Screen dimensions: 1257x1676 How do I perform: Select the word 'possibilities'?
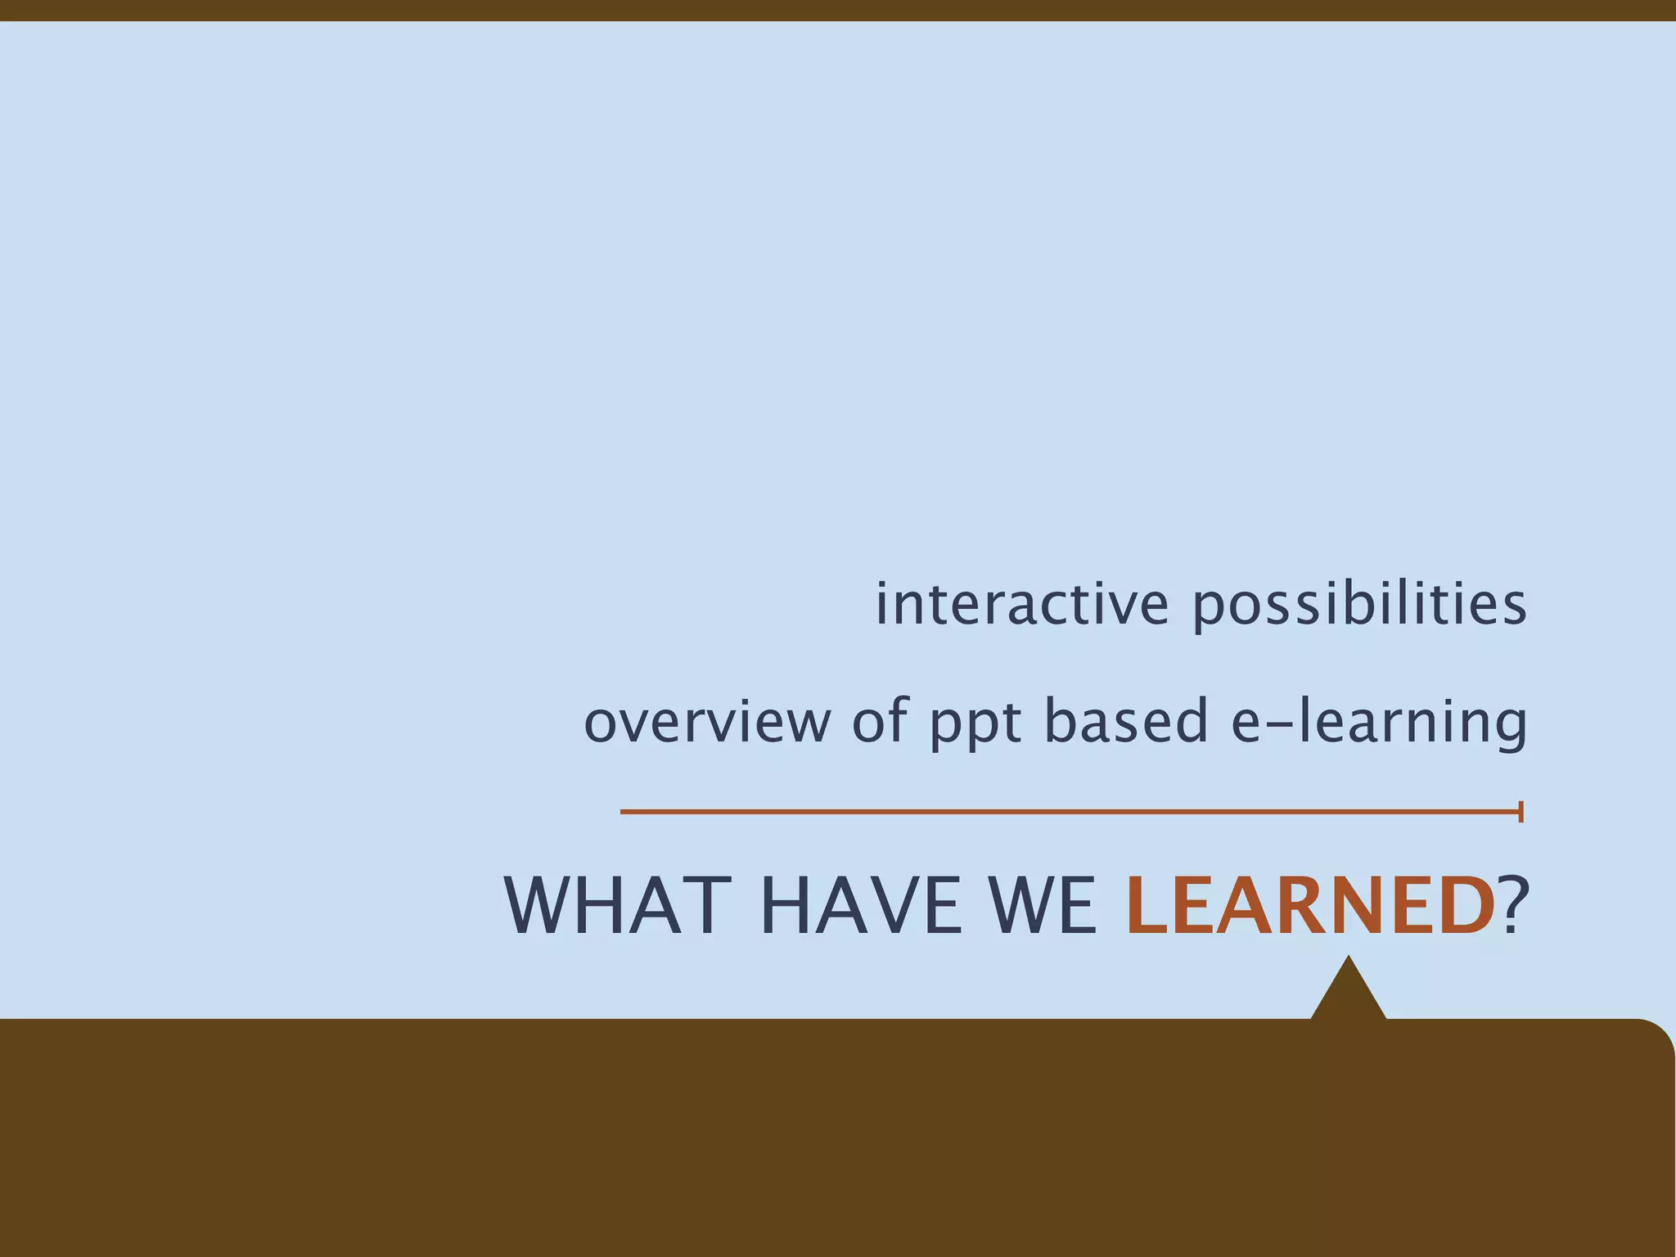point(1359,606)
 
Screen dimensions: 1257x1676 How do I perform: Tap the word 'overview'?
point(706,721)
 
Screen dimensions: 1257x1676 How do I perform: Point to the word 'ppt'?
point(975,723)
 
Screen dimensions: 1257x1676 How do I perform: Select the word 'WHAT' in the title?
point(617,906)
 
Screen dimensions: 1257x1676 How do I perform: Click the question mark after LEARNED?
point(1514,906)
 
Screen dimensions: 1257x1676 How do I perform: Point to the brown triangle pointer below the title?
point(1348,994)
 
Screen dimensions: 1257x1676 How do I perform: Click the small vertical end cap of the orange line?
point(1521,812)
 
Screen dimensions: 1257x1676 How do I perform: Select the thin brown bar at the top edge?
point(838,10)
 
